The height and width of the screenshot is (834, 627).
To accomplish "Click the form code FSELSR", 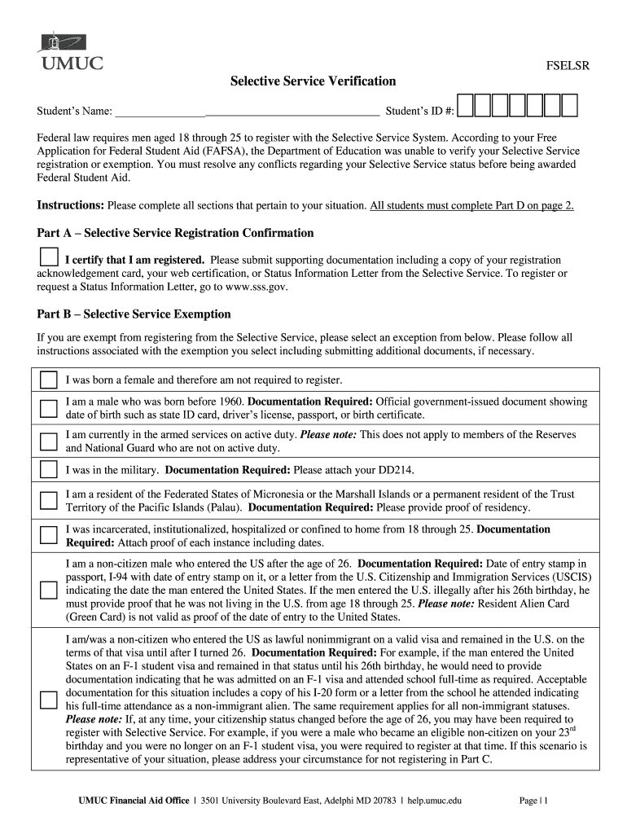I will [x=567, y=67].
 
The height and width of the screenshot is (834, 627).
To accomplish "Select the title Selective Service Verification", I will [x=313, y=81].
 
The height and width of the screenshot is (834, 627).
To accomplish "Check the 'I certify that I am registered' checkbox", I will [x=49, y=257].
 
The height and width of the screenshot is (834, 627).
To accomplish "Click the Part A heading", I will [x=175, y=233].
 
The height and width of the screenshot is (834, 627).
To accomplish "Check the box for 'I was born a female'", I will [x=49, y=380].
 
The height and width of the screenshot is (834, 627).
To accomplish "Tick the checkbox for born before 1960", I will [x=49, y=408].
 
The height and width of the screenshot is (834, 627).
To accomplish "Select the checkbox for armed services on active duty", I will [x=49, y=441].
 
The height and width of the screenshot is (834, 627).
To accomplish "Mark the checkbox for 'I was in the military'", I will [x=49, y=469].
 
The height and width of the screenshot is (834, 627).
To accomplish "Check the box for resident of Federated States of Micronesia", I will [x=49, y=500].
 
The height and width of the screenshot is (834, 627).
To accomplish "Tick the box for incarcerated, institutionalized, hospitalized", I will [x=49, y=535].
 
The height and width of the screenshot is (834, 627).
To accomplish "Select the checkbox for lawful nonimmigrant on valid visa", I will [x=49, y=699].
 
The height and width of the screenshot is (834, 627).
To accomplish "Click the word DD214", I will [x=405, y=470].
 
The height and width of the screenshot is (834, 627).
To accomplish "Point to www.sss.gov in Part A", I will [x=248, y=287].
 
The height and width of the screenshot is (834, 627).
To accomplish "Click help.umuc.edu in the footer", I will [x=435, y=801].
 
